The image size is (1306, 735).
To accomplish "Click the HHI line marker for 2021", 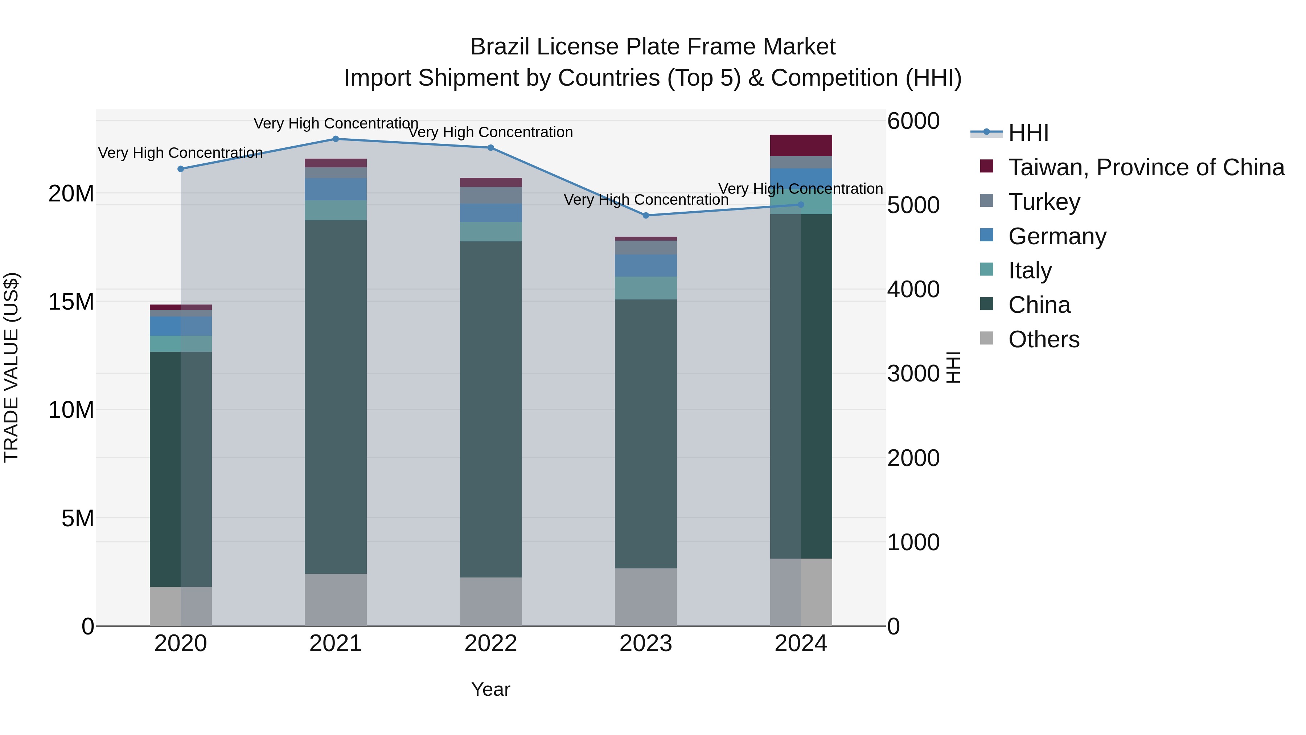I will [x=336, y=139].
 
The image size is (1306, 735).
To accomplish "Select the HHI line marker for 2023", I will [x=646, y=216].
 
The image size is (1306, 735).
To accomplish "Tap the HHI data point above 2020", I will [x=181, y=169].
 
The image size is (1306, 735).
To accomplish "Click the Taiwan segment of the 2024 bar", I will [x=801, y=146].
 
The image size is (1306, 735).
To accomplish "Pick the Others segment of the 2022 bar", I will [x=491, y=601].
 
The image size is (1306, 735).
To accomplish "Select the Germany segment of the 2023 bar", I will [x=646, y=265].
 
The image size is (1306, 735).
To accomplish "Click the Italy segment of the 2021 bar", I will [x=336, y=211].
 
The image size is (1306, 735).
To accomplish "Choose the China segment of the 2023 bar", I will [x=646, y=434].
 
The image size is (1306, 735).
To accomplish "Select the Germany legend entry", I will [x=1057, y=236].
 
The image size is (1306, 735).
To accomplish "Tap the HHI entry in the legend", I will [x=1028, y=133].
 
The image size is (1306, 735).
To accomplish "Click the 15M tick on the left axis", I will [x=71, y=302].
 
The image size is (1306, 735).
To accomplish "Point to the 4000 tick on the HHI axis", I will [x=913, y=290].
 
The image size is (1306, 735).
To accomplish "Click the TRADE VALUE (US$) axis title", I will [x=11, y=367].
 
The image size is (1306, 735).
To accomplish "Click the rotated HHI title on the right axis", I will [x=953, y=367].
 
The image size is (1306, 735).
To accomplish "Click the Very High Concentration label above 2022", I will [x=491, y=132].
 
